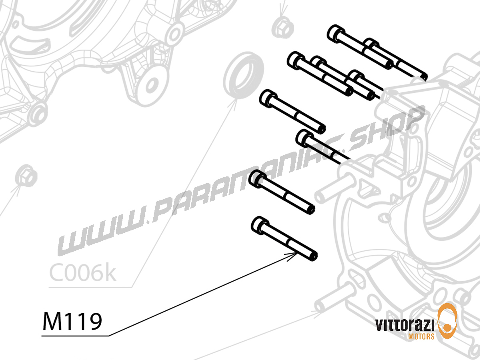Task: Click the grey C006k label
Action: [x=82, y=273]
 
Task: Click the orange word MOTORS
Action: [x=421, y=336]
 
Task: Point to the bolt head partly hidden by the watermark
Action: [x=303, y=138]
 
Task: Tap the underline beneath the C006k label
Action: [x=90, y=287]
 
